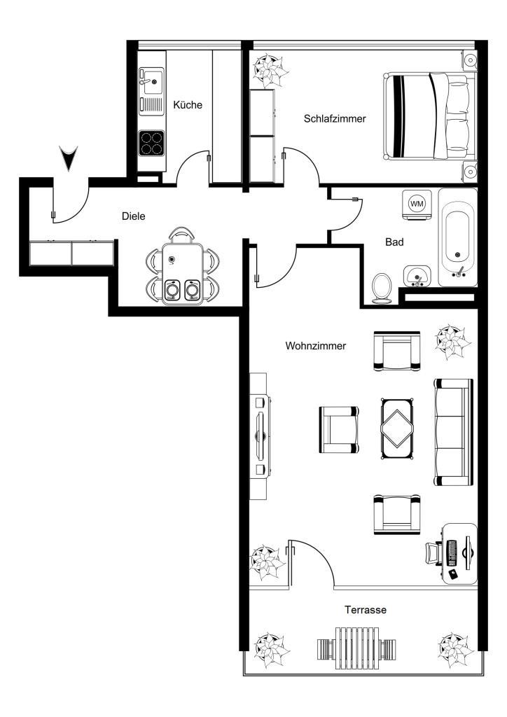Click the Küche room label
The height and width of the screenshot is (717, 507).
(x=188, y=105)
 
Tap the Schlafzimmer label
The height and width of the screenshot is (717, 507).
(x=335, y=118)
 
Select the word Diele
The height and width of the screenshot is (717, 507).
(x=134, y=216)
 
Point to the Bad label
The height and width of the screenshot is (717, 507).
(x=394, y=242)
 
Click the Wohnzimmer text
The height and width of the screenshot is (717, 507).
(x=315, y=346)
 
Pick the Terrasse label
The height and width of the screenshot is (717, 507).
(x=366, y=610)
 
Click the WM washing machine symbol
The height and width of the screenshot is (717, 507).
(x=417, y=204)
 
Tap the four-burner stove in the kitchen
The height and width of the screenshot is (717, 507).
(x=151, y=143)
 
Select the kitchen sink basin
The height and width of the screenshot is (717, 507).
(x=151, y=81)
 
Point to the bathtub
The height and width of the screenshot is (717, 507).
(x=457, y=238)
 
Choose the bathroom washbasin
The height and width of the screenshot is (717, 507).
(x=417, y=275)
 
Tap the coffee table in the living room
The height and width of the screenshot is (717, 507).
(x=397, y=429)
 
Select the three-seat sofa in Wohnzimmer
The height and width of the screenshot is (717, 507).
(x=453, y=432)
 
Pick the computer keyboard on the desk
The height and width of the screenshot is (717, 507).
(x=452, y=553)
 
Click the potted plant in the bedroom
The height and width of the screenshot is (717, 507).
(x=270, y=70)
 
